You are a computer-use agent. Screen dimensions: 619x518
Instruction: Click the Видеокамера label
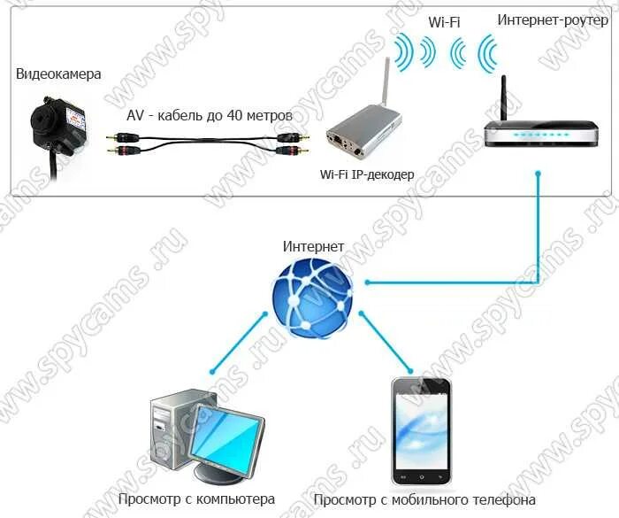point(57,73)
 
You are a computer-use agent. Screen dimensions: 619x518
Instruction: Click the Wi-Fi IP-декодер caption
point(366,174)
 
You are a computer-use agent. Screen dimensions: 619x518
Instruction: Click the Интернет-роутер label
point(553,19)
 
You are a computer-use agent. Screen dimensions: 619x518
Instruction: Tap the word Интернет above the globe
point(313,245)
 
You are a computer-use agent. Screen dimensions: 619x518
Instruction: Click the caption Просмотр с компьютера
point(196,499)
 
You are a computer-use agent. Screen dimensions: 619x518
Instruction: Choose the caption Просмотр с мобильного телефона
point(424,499)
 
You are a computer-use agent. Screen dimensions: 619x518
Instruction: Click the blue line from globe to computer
point(238,342)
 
